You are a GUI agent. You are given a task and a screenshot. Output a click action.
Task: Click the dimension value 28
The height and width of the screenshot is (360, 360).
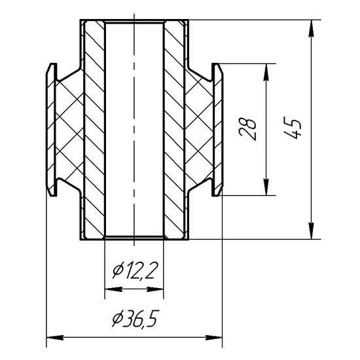[x=247, y=130]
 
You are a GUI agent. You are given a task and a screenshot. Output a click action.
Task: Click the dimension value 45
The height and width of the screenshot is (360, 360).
[x=293, y=128]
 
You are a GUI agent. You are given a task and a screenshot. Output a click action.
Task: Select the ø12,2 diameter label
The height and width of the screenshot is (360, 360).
[x=132, y=271]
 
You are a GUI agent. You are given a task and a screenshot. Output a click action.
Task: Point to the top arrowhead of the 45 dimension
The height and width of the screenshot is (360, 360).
[x=312, y=28]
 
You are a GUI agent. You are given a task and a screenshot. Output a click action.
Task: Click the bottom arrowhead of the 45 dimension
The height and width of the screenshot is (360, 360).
[x=312, y=231]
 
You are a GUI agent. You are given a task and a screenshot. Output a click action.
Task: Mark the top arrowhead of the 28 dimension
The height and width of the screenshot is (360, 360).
[x=266, y=72]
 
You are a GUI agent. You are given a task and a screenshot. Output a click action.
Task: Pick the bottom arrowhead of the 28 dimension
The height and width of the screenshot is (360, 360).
[x=266, y=187]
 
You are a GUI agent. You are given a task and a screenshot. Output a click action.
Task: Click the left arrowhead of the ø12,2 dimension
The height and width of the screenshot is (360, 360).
[x=113, y=289]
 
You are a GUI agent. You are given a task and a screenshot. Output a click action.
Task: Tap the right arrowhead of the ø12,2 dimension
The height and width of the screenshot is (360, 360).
[x=155, y=289]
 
